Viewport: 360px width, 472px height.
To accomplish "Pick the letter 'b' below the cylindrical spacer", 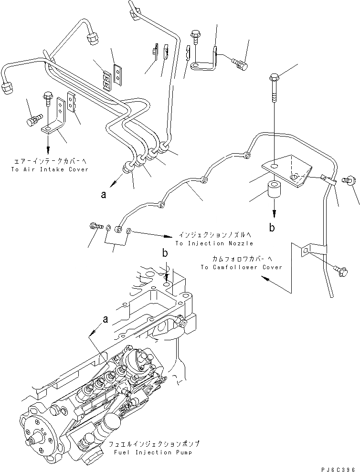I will [x=272, y=228].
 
